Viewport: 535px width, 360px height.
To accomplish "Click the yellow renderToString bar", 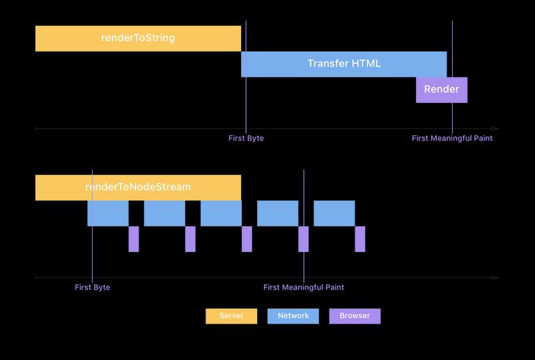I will pyautogui.click(x=138, y=38).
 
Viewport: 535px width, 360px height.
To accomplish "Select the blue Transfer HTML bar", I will pyautogui.click(x=343, y=64).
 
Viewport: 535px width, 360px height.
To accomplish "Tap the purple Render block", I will pyautogui.click(x=442, y=90).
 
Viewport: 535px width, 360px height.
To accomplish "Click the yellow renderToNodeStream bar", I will pyautogui.click(x=138, y=187).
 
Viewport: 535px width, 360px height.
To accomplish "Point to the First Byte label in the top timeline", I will pyautogui.click(x=246, y=139).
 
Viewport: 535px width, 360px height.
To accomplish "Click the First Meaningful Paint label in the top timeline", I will pyautogui.click(x=452, y=139).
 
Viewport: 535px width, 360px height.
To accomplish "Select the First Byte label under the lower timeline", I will pyautogui.click(x=93, y=288).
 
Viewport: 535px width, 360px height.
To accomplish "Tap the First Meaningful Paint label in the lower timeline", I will pyautogui.click(x=304, y=288).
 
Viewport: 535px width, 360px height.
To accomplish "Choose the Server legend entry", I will pyautogui.click(x=231, y=316).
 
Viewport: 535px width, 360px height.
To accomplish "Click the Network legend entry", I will pyautogui.click(x=293, y=316).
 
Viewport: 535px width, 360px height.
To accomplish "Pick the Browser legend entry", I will pyautogui.click(x=355, y=316).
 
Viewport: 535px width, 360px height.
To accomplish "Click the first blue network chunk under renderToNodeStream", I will pyautogui.click(x=108, y=213).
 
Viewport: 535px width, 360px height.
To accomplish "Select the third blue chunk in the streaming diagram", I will pyautogui.click(x=221, y=213).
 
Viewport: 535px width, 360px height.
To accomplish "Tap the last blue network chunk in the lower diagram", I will pyautogui.click(x=334, y=213).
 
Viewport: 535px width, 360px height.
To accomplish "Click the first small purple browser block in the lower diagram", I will pyautogui.click(x=134, y=239).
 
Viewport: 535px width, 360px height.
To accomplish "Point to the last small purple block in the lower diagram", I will pyautogui.click(x=360, y=239).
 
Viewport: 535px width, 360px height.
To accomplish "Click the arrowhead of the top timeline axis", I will pyautogui.click(x=495, y=129).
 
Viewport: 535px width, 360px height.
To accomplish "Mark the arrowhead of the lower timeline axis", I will pyautogui.click(x=495, y=278).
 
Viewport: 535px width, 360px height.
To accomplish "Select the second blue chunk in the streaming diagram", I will pyautogui.click(x=164, y=213).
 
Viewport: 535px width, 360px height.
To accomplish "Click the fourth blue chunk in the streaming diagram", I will pyautogui.click(x=277, y=213).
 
